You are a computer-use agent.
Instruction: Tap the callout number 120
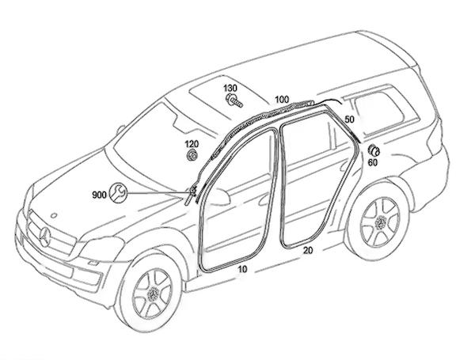click(x=192, y=144)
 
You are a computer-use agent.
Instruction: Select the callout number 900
click(x=100, y=194)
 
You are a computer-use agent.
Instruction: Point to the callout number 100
click(x=282, y=100)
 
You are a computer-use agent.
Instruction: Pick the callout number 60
click(x=372, y=164)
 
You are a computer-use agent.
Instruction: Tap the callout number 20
click(x=309, y=250)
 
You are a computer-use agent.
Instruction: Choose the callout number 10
click(x=242, y=270)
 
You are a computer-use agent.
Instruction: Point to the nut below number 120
click(x=191, y=155)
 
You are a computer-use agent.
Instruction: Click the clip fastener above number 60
click(x=372, y=151)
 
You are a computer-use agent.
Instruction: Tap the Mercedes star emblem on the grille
click(x=44, y=234)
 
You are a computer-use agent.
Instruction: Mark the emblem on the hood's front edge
click(x=55, y=215)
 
